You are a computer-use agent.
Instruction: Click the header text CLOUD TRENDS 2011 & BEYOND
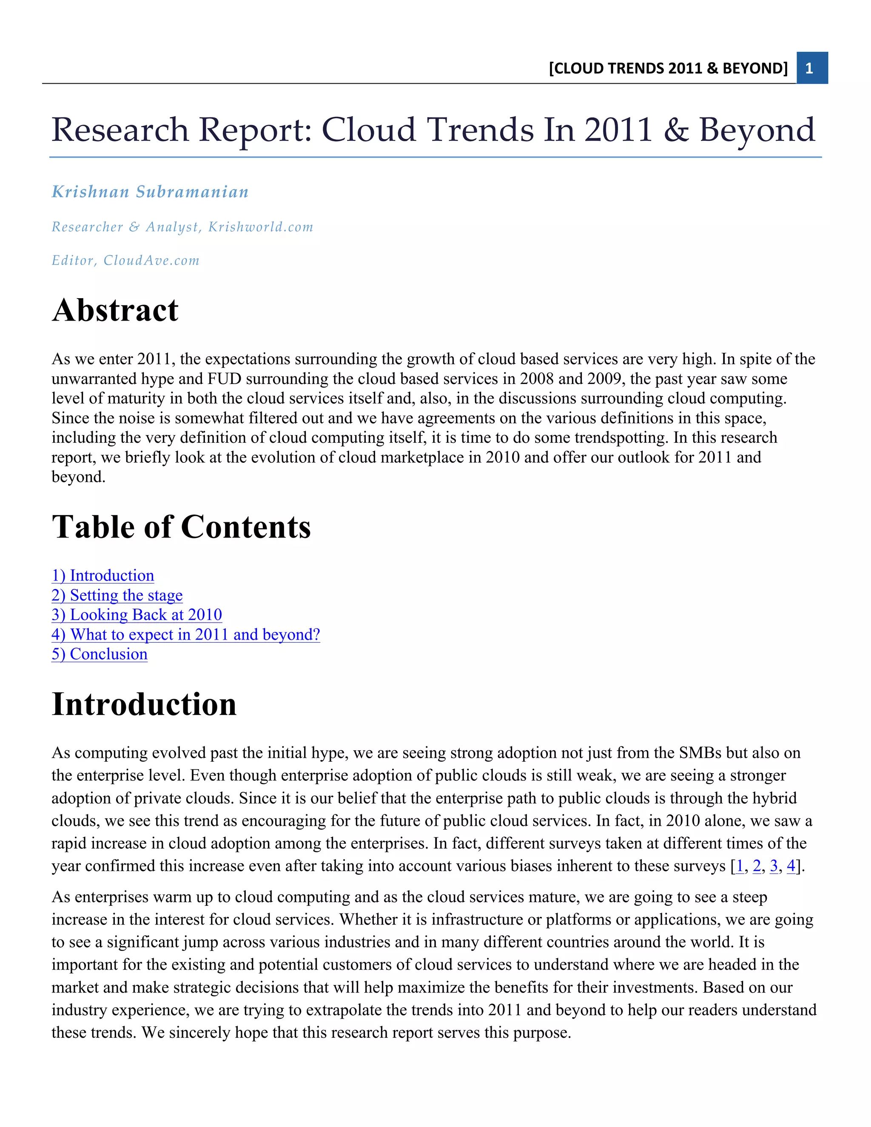[x=668, y=68]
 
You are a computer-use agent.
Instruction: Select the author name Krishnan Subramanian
[x=150, y=192]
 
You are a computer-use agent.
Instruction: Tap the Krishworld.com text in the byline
[x=261, y=227]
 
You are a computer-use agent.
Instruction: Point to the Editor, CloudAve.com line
[x=125, y=261]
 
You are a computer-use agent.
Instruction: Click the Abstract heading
[x=115, y=310]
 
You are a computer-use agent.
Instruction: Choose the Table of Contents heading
[x=181, y=527]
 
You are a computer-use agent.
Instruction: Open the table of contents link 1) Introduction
[x=102, y=575]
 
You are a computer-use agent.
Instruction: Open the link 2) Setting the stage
[x=117, y=595]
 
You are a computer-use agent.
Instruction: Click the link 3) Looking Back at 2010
[x=137, y=615]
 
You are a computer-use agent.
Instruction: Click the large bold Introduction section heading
[x=144, y=704]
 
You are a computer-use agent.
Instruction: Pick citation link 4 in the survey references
[x=791, y=866]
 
